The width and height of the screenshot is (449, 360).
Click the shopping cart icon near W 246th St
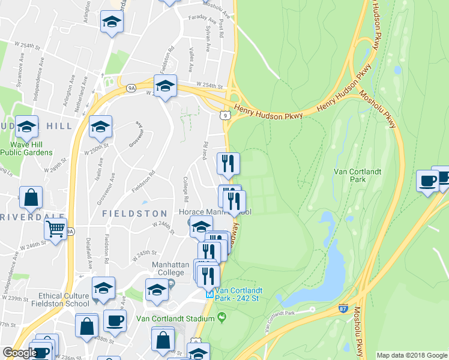55,229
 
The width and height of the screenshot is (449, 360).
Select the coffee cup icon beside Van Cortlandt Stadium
115,320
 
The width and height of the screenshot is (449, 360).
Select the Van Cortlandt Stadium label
166,318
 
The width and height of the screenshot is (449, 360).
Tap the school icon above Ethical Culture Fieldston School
103,288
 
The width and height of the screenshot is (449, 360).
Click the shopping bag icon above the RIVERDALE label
31,197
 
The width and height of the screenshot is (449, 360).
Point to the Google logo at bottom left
19,353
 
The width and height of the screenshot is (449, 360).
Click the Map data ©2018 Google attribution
412,355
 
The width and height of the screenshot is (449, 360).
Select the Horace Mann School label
214,212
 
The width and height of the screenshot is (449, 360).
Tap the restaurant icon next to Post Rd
228,163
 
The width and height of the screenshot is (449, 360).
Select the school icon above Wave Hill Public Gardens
27,127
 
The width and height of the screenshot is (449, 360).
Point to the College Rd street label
187,190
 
